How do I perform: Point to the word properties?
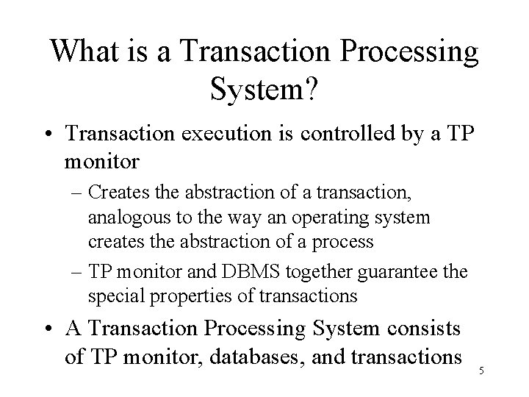179,296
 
